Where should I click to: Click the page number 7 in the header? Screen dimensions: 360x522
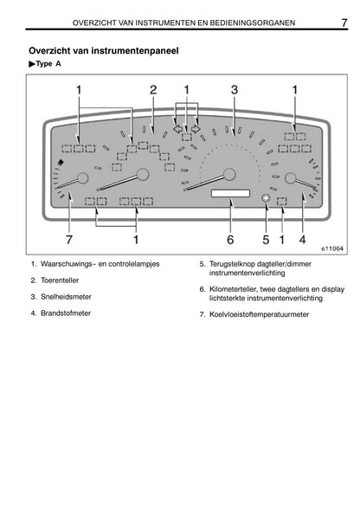point(344,23)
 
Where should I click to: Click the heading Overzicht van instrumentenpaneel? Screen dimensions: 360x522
point(104,50)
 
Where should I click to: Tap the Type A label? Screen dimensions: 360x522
point(45,63)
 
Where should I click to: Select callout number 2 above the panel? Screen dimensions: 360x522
point(153,90)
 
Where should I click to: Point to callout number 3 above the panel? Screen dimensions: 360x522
point(235,90)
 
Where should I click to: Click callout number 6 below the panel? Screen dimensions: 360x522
point(230,240)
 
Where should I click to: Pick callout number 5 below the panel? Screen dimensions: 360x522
point(266,240)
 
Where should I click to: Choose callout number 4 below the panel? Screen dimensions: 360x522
point(302,240)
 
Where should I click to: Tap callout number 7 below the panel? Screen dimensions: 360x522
point(69,240)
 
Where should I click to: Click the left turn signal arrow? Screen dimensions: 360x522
point(177,129)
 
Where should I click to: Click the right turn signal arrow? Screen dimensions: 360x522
point(196,129)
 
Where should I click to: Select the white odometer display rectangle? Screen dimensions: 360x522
point(230,193)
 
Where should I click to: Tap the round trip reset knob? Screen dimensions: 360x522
point(266,198)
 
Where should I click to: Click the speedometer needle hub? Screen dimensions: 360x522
point(229,174)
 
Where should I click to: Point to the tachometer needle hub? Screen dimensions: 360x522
point(143,174)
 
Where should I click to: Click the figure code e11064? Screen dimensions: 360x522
point(332,248)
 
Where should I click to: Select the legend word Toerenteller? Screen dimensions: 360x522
point(60,280)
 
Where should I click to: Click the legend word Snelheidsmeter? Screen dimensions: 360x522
point(66,297)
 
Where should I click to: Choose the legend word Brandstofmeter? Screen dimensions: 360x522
point(66,313)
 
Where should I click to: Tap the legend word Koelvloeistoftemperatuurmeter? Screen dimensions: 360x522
point(260,314)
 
